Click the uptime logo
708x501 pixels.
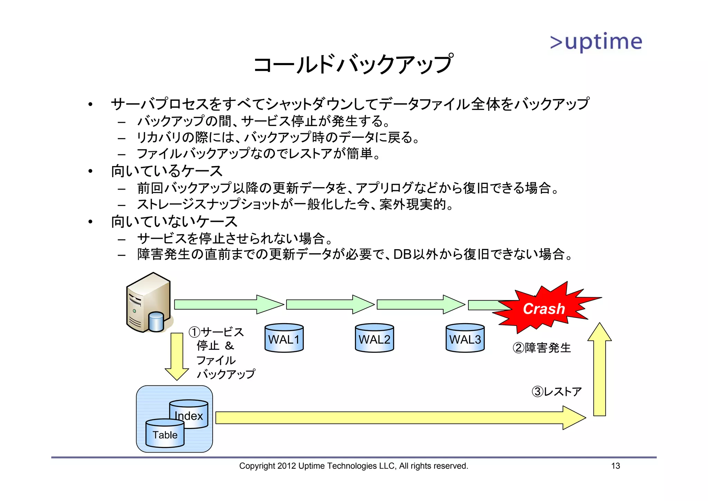(596, 42)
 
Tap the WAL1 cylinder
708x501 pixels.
(284, 338)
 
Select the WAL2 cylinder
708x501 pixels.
(374, 338)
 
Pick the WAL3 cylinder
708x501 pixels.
(465, 338)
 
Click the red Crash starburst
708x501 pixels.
(544, 308)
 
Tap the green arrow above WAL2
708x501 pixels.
(330, 304)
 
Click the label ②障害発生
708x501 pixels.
(542, 348)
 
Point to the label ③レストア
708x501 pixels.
(557, 392)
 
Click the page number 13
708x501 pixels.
(615, 466)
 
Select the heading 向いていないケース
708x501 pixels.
(174, 221)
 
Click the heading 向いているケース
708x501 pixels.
(167, 171)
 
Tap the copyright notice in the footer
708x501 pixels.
(353, 466)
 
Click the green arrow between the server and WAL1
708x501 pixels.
(228, 304)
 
